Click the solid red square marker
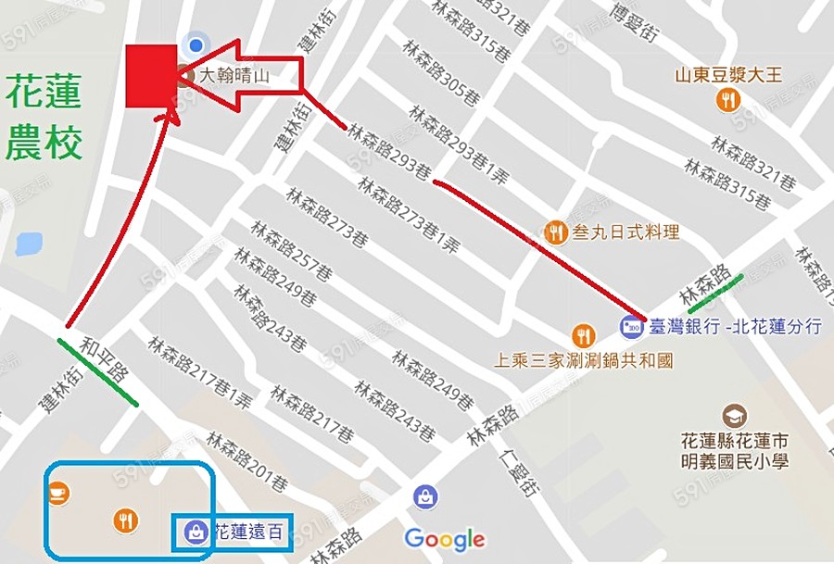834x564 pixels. point(151,76)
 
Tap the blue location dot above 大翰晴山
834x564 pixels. point(195,44)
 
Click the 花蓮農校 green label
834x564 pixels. point(44,118)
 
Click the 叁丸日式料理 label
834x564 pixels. point(626,232)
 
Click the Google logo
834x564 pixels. point(445,538)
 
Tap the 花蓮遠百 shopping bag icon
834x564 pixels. point(196,531)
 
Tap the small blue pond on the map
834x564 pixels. point(29,244)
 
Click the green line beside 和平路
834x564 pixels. point(97,372)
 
